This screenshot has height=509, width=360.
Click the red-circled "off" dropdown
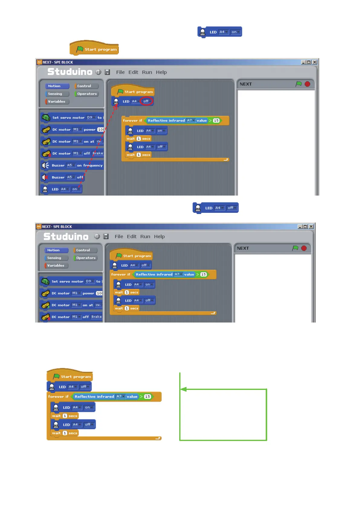[x=146, y=101]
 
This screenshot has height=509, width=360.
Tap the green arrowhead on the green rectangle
[x=183, y=389]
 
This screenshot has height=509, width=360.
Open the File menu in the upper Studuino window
[x=120, y=72]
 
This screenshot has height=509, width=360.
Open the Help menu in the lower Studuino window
[x=159, y=236]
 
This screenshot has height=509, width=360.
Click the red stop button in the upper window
[x=307, y=84]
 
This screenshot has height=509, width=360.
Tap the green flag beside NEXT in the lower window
[x=295, y=248]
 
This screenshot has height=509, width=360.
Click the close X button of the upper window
[x=315, y=62]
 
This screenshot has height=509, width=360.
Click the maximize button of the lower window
[x=305, y=226]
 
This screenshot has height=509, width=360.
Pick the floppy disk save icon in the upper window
[x=107, y=72]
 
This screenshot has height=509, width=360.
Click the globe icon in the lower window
[x=97, y=236]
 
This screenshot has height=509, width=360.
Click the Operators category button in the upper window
[x=86, y=94]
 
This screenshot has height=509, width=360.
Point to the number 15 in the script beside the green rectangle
[x=148, y=397]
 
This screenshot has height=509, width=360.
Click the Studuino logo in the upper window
[x=70, y=72]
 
